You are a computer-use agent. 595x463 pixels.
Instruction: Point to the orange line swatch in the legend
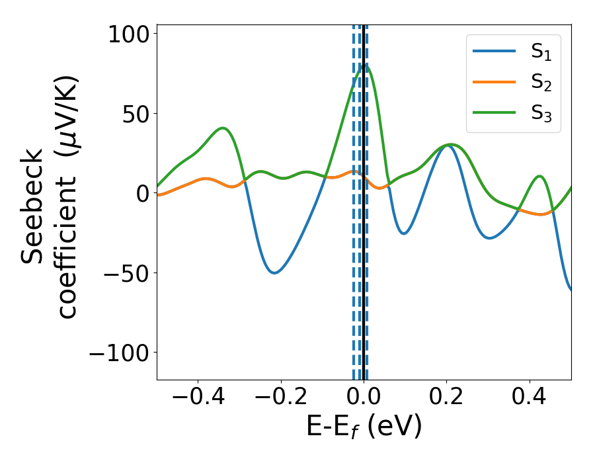pos(495,82)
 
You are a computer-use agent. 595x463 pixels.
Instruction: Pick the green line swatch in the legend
pos(495,112)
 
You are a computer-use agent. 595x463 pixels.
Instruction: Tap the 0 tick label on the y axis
pos(143,193)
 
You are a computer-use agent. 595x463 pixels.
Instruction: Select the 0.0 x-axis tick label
pos(364,398)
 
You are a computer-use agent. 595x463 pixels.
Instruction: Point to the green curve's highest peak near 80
pos(365,64)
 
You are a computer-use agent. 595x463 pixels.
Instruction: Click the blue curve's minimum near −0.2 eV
pos(275,273)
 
